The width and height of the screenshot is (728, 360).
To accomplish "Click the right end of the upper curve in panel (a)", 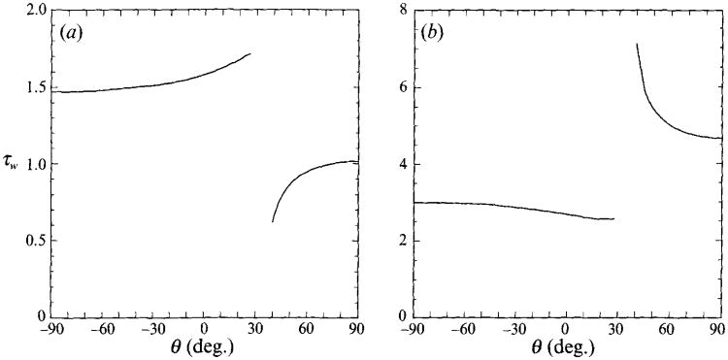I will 250,53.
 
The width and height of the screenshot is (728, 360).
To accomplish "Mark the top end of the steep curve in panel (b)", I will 636,44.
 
